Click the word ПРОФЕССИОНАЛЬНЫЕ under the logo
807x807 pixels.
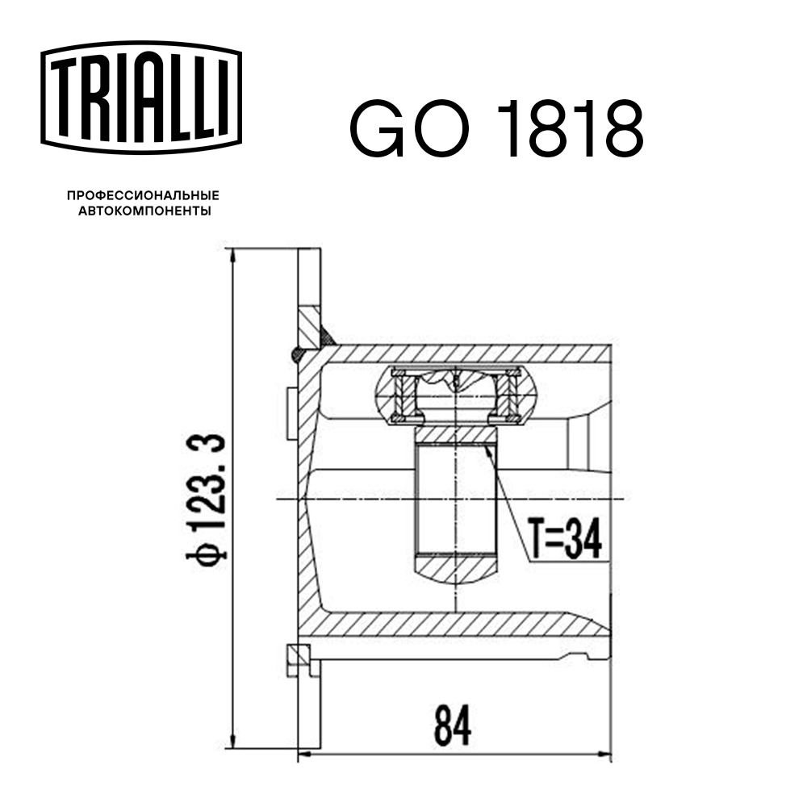[x=143, y=196]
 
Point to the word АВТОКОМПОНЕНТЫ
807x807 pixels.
[x=143, y=211]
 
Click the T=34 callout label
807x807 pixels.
[x=566, y=538]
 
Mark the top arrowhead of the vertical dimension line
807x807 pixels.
[x=233, y=257]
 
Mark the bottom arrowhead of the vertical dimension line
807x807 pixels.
[x=233, y=742]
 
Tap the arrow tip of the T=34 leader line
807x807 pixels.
[x=489, y=446]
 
